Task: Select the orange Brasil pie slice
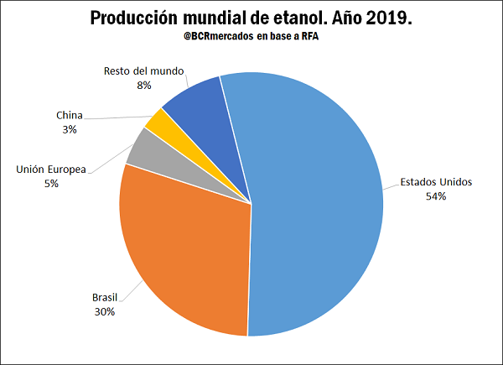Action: tap(184, 252)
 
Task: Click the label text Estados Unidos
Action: tap(435, 182)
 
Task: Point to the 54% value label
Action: tap(435, 196)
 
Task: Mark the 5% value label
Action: tap(51, 183)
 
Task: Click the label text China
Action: tap(69, 115)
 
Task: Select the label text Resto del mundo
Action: tap(143, 70)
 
